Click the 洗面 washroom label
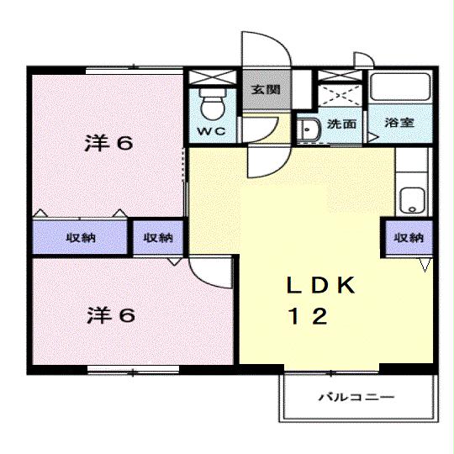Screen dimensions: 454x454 [340, 124]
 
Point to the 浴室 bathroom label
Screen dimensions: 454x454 [399, 124]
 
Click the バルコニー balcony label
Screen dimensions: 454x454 [356, 397]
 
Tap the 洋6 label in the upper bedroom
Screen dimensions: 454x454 [108, 143]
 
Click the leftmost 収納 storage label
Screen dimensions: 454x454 [82, 238]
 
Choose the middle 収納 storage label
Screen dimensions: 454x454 [158, 238]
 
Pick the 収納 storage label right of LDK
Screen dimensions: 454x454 [409, 238]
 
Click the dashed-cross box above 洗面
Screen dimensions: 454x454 [340, 92]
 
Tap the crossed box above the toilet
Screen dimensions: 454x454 [210, 78]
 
